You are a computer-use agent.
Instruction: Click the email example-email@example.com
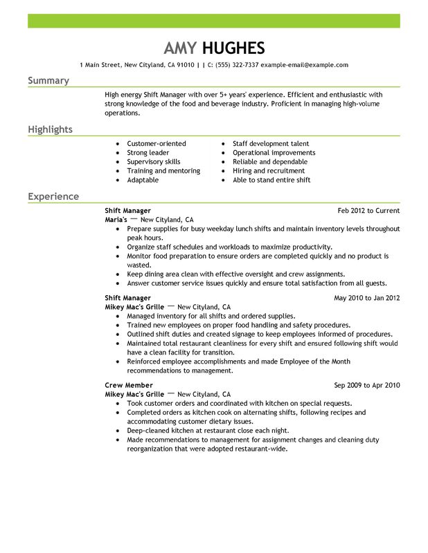click(x=304, y=65)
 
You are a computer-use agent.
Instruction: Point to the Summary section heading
click(x=48, y=81)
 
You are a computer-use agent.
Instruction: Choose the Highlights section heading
click(x=50, y=130)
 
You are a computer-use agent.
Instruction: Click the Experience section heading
click(x=53, y=196)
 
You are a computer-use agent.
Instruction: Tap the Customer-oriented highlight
click(x=157, y=144)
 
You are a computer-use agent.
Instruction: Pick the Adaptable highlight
click(x=143, y=180)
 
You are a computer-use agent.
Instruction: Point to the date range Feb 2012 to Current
click(x=368, y=210)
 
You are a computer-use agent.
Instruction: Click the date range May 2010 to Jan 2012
click(x=367, y=298)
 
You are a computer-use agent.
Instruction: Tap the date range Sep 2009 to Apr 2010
click(x=367, y=385)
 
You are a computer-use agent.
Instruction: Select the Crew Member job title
click(x=129, y=385)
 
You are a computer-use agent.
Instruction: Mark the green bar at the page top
click(x=214, y=21)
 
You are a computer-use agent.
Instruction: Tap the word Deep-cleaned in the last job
click(x=148, y=430)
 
